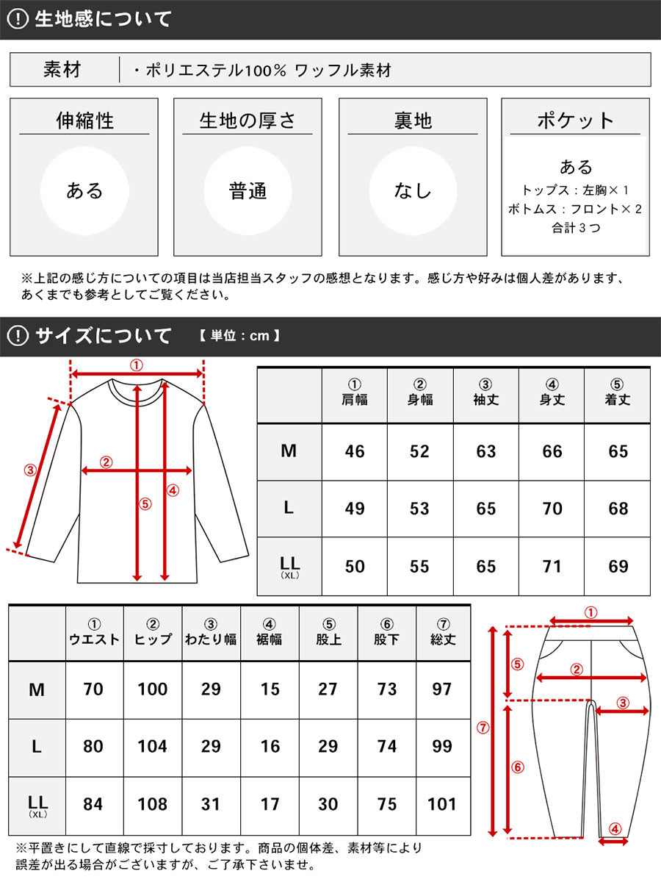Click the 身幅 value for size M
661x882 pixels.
[x=419, y=451]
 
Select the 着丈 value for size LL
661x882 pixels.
[x=618, y=567]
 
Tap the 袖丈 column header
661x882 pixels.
[x=485, y=393]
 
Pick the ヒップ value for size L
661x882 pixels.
[x=152, y=747]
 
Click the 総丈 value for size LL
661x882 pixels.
[x=442, y=804]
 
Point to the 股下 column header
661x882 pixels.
[x=386, y=632]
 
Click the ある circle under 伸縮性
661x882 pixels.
[x=84, y=191]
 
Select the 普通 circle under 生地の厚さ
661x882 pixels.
[x=248, y=191]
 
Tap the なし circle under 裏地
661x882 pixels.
[x=413, y=191]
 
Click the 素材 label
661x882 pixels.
[x=62, y=70]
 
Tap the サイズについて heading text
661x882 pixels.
[x=104, y=337]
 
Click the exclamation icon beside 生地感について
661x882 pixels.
[x=17, y=20]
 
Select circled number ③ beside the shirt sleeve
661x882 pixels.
[x=29, y=470]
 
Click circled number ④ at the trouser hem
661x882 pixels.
[x=615, y=828]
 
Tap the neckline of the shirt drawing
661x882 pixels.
[x=137, y=384]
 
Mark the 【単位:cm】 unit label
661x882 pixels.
[x=239, y=337]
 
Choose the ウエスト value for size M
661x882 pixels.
[x=93, y=689]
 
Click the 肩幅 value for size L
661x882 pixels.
[x=354, y=509]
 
